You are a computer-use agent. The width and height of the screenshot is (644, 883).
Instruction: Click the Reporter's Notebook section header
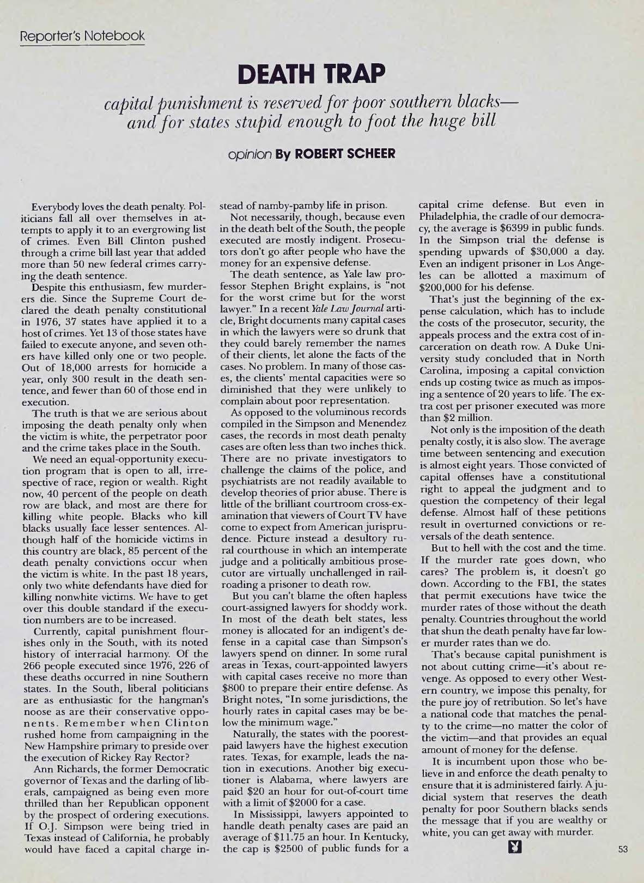82,37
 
